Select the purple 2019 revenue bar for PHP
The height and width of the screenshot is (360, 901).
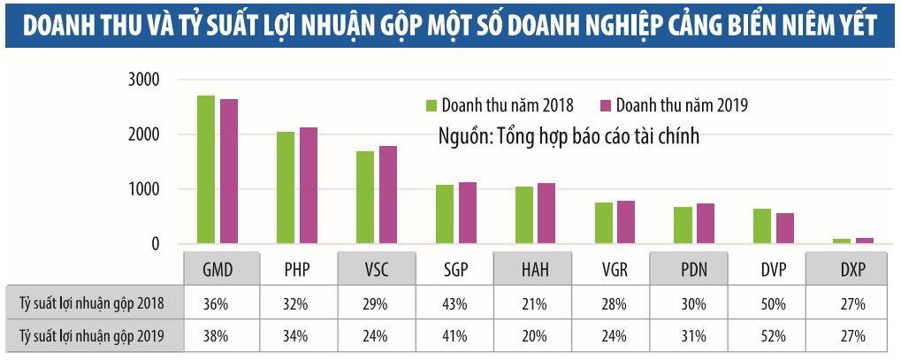coord(308,186)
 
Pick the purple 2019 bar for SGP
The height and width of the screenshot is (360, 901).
coord(468,213)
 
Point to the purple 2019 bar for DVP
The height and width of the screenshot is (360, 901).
coord(785,229)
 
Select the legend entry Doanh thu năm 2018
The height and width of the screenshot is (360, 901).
coord(500,105)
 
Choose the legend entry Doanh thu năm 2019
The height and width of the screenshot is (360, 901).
coord(674,105)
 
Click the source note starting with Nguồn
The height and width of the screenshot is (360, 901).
coord(569,137)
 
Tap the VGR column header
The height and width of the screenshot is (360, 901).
coord(613,269)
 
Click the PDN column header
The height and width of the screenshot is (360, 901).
coord(692,269)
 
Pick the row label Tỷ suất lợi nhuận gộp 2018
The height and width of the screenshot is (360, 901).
coord(91,303)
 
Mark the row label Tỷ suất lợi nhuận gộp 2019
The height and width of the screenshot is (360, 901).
coord(91,336)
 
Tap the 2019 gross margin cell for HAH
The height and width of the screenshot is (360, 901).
coord(533,336)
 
